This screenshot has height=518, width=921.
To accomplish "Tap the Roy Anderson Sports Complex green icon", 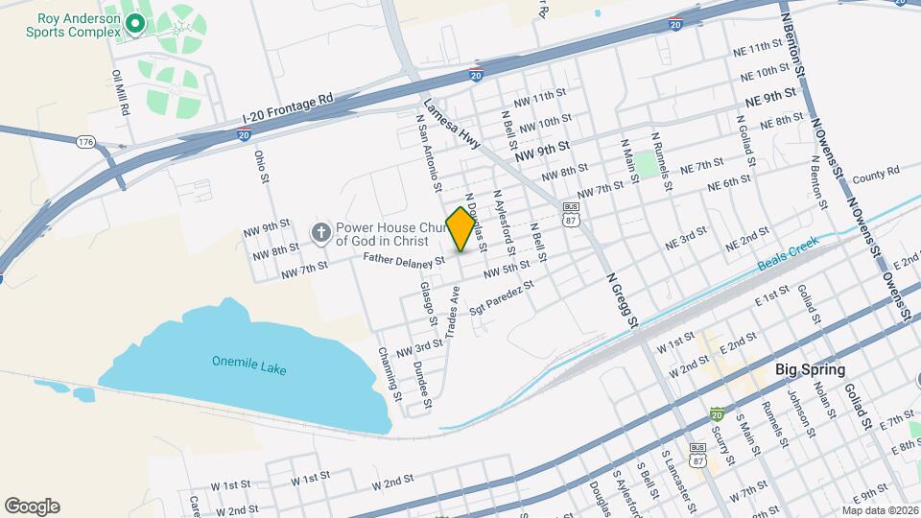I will pos(134,22).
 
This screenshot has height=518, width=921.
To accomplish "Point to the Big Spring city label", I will pos(810,369).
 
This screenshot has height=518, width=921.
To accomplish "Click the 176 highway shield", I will pos(85,142).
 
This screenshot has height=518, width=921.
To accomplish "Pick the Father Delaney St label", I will pos(404,260).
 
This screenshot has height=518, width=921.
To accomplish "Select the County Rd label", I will pos(875,174).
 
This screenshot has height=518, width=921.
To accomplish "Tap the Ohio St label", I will pos(260,165).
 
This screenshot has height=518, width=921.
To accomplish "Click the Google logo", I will pos(32,506).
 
